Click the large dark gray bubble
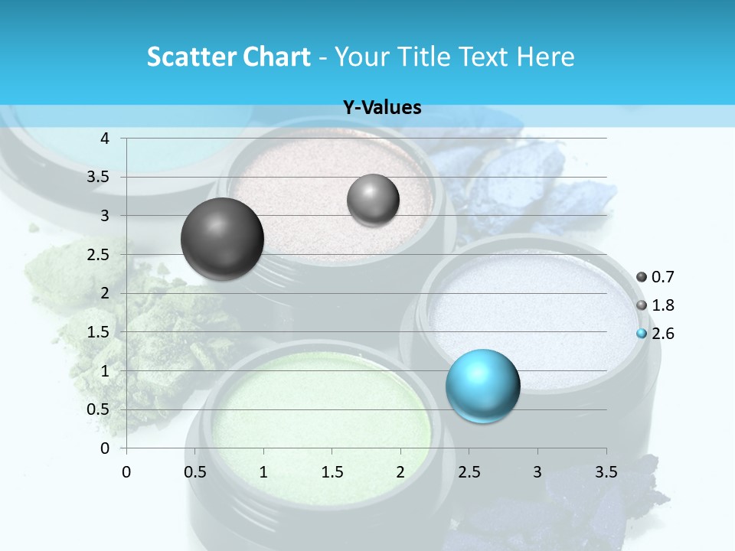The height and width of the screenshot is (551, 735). (x=222, y=239)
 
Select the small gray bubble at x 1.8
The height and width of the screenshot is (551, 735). (x=373, y=201)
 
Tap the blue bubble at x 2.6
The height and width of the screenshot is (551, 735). (x=482, y=386)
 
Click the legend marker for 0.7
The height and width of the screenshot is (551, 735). (x=642, y=277)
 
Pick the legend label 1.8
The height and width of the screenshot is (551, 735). (x=663, y=305)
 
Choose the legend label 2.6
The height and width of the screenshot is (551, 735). (x=663, y=334)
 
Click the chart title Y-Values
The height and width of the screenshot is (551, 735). (x=382, y=108)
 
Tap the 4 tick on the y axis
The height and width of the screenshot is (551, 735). (x=105, y=139)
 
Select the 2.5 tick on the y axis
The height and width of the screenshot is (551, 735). (x=99, y=255)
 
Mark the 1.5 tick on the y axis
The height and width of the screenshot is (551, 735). (x=99, y=332)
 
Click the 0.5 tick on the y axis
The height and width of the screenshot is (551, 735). (x=99, y=409)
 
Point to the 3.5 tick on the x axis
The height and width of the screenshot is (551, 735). (x=606, y=473)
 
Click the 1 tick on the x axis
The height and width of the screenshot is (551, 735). (x=263, y=473)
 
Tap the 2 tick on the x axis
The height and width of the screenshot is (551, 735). (x=400, y=473)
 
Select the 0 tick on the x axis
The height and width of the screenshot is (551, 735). (x=126, y=473)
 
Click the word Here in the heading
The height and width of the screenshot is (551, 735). (x=546, y=57)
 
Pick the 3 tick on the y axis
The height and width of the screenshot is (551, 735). (x=105, y=216)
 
